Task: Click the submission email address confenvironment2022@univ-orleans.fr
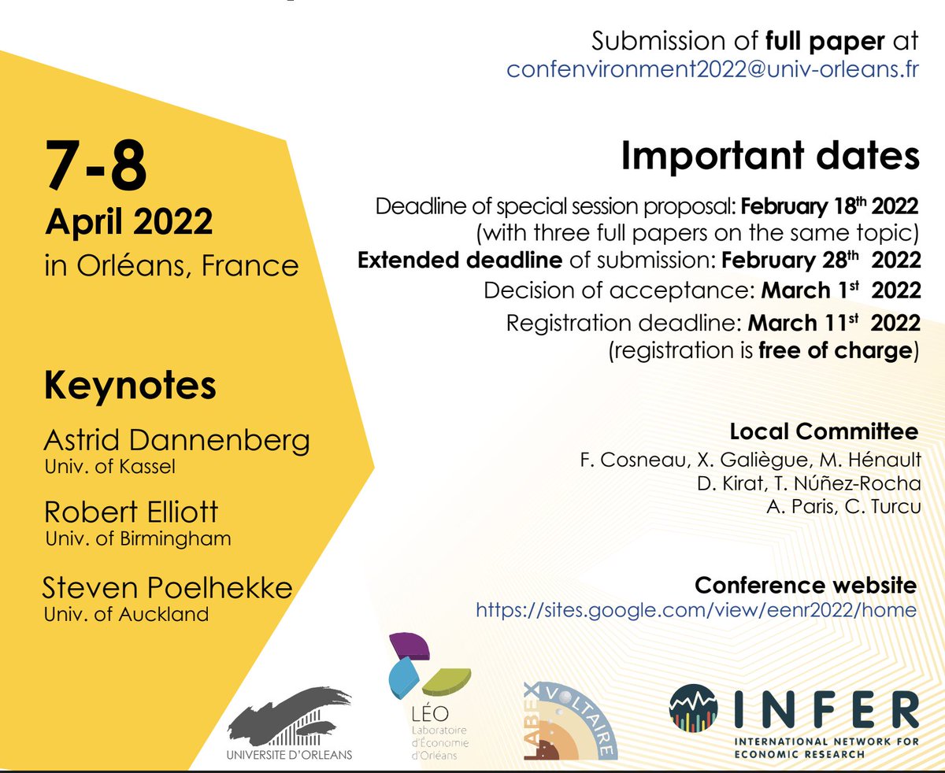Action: pyautogui.click(x=713, y=69)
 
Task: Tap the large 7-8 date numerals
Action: pyautogui.click(x=96, y=167)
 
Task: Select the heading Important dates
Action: pyautogui.click(x=769, y=156)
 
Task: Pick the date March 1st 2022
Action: pyautogui.click(x=840, y=290)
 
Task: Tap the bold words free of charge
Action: pyautogui.click(x=835, y=350)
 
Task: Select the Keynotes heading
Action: pyautogui.click(x=130, y=386)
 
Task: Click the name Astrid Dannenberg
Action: pyautogui.click(x=177, y=441)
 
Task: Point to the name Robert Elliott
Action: pyautogui.click(x=132, y=512)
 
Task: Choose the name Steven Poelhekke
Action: pyautogui.click(x=167, y=587)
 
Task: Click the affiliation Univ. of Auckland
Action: pyautogui.click(x=126, y=615)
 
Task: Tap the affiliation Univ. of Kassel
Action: pyautogui.click(x=109, y=467)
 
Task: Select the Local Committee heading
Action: pyautogui.click(x=823, y=431)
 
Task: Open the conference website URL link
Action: pyautogui.click(x=696, y=609)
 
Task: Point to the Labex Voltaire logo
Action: pyautogui.click(x=569, y=719)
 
